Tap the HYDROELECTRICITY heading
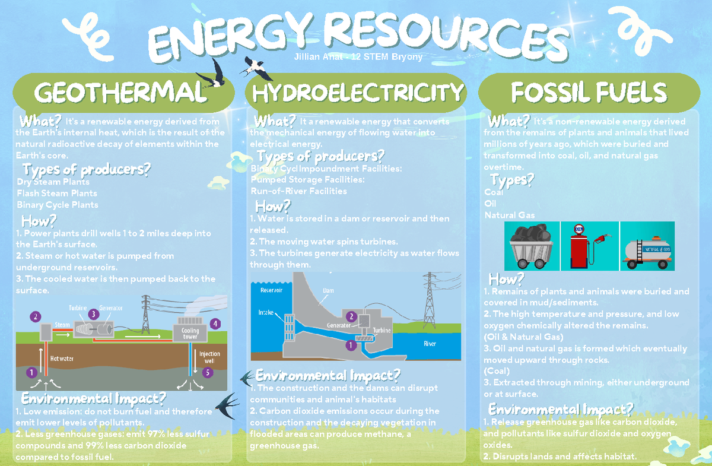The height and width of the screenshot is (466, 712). point(358,93)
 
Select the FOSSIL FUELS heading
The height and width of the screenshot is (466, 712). point(589,93)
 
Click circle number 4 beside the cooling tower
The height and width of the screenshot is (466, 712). point(215,324)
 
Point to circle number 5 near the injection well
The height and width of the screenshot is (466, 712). point(206,373)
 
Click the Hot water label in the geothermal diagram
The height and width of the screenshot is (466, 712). point(62,358)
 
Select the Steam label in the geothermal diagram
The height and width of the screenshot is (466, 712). point(62,325)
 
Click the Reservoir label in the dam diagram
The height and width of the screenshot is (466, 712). point(271,291)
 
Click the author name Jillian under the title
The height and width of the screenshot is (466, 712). point(307,57)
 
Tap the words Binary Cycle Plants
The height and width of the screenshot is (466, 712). point(58,205)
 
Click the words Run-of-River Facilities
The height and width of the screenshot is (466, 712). point(298,191)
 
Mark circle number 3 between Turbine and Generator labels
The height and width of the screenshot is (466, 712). point(93,313)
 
